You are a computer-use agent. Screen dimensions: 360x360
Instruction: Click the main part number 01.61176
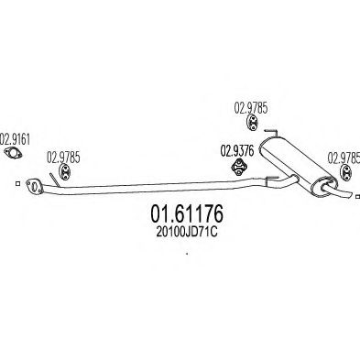click(187, 213)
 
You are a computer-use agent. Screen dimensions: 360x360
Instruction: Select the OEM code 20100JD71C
click(187, 233)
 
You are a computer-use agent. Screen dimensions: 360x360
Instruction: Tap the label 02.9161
click(16, 139)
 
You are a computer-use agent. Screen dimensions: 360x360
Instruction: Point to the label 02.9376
click(237, 151)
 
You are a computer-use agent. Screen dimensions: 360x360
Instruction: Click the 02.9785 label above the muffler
click(251, 108)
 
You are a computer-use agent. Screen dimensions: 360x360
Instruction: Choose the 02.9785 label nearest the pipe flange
click(63, 158)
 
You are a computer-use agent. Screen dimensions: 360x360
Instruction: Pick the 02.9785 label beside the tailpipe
click(344, 158)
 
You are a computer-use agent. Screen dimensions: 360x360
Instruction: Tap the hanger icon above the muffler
click(252, 123)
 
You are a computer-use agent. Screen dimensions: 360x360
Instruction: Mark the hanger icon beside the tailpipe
click(346, 172)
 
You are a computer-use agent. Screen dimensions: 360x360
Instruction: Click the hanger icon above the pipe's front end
click(65, 171)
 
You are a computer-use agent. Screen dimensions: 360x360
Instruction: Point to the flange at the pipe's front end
click(35, 186)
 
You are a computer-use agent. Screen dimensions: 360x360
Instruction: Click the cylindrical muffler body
click(298, 167)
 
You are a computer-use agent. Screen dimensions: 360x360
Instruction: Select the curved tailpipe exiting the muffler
click(338, 191)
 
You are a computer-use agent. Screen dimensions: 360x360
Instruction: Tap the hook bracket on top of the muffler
click(271, 133)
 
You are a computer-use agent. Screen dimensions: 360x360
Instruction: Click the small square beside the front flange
click(18, 183)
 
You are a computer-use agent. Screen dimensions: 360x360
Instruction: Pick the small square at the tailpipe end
click(358, 196)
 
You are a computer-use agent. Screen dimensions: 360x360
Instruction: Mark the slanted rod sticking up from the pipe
click(55, 180)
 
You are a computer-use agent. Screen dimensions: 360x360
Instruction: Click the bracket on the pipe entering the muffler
click(271, 180)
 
